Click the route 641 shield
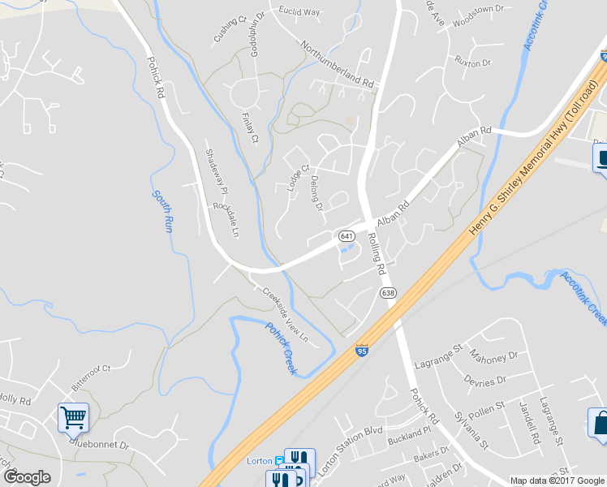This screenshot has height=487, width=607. [x=346, y=235]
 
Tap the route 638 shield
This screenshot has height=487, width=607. [x=388, y=293]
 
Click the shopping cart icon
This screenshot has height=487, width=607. [x=73, y=418]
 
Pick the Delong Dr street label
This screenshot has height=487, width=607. [x=318, y=194]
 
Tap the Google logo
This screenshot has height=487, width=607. [x=27, y=476]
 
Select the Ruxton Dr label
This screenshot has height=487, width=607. [x=473, y=62]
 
